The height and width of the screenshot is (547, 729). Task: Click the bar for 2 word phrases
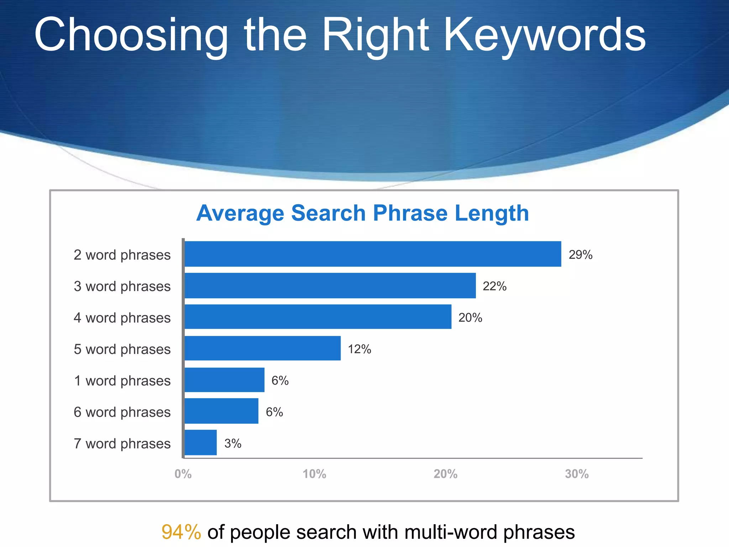point(373,254)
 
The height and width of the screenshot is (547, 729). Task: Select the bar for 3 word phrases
point(330,286)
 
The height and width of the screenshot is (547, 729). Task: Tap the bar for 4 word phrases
point(318,317)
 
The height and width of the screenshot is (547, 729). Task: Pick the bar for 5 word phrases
point(262,348)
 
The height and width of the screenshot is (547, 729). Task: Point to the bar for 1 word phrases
point(224,380)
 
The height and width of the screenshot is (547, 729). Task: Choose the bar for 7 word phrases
point(200,443)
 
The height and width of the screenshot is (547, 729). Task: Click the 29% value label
point(580,255)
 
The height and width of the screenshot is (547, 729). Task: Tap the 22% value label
point(494,286)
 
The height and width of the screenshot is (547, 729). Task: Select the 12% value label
point(359,349)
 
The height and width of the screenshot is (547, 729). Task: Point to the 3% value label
point(233,443)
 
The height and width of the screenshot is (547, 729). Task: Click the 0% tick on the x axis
point(183,474)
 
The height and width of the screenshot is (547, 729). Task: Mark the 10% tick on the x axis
point(314,474)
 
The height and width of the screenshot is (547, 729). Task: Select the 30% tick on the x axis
point(577,474)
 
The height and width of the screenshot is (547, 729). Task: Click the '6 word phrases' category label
point(122,412)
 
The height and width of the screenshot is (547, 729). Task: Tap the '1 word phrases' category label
point(122,381)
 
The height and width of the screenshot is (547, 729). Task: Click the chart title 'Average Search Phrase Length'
point(362,213)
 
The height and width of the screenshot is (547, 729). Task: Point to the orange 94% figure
point(181,532)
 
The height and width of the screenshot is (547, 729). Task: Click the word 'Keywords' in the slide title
point(545,36)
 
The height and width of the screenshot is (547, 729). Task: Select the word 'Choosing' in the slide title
point(131,36)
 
